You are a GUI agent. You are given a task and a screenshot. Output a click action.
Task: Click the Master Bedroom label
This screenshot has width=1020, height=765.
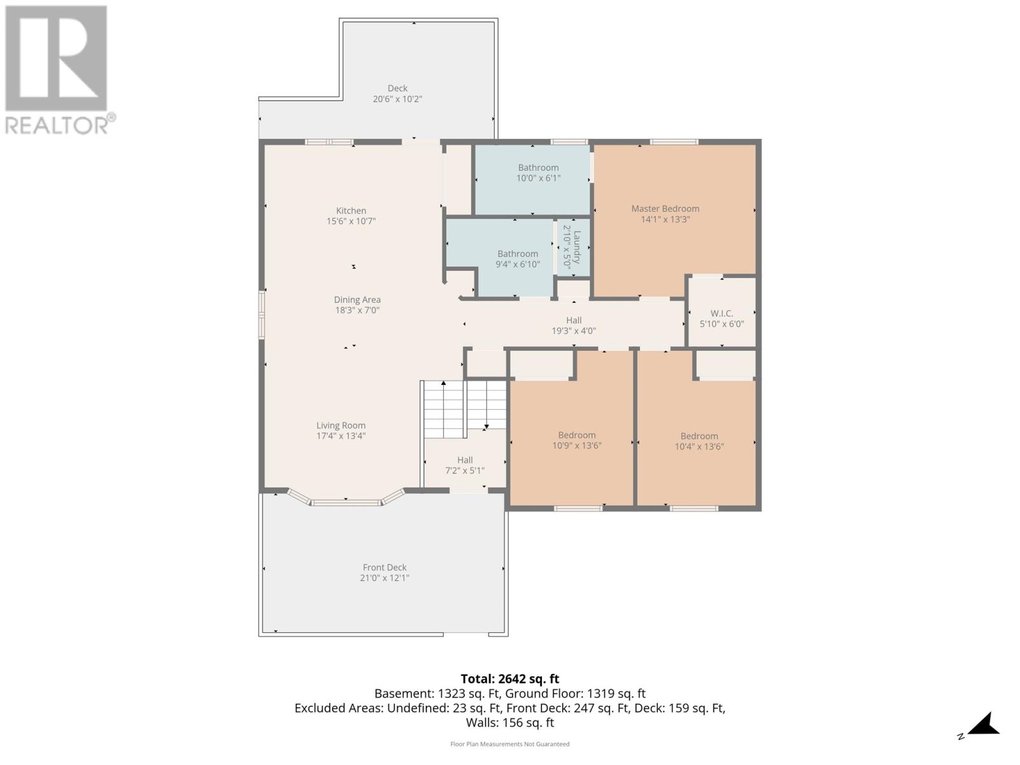tap(665, 208)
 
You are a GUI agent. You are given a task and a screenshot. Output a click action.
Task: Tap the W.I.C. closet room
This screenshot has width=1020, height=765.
tap(722, 318)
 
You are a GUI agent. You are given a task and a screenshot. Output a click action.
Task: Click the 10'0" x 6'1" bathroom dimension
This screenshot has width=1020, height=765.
tap(538, 178)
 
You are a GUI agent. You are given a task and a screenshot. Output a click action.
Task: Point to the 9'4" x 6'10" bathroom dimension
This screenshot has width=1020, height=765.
tap(518, 264)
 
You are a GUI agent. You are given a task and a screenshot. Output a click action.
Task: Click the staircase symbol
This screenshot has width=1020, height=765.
tap(465, 409)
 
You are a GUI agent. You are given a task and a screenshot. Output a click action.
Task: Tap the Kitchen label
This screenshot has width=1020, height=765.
tap(351, 210)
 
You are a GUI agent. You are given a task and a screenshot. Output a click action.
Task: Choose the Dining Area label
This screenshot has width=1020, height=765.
tap(357, 300)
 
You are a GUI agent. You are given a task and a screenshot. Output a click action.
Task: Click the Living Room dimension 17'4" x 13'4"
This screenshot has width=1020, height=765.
tap(341, 436)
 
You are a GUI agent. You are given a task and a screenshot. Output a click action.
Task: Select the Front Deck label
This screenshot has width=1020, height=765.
tap(384, 567)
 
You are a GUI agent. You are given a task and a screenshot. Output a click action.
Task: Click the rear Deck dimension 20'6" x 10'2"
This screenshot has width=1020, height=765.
tap(397, 99)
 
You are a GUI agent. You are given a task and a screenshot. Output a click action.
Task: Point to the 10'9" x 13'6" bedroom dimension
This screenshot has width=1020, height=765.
tap(577, 446)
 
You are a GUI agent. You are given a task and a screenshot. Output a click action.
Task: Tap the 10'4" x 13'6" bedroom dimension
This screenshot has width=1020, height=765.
tap(699, 447)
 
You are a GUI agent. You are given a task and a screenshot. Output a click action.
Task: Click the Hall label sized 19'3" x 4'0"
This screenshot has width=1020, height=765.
tap(574, 321)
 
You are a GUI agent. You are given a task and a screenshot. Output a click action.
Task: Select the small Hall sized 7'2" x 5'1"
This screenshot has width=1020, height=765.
tap(465, 465)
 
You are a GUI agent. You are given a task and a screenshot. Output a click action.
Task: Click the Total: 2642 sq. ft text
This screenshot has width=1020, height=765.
tap(509, 679)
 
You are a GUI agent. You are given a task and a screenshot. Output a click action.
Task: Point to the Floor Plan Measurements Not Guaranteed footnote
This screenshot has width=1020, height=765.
tap(509, 744)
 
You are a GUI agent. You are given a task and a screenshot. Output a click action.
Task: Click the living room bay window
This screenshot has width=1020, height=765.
tap(346, 502)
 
